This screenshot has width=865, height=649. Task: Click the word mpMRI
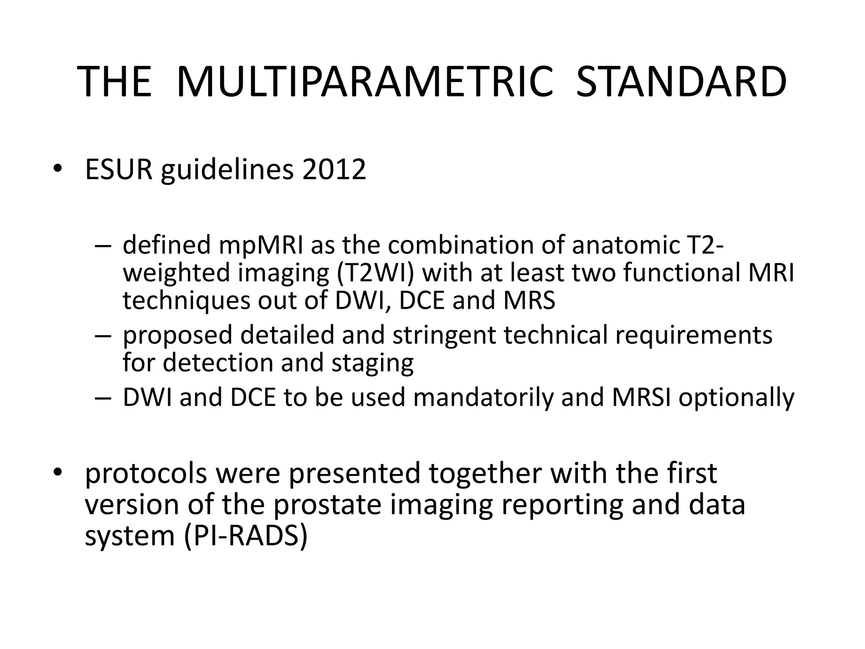pos(261,245)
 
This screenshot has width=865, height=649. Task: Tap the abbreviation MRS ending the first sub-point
pos(529,300)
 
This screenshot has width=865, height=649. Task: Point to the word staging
pos(372,363)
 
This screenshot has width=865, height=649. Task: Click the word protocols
pos(146,474)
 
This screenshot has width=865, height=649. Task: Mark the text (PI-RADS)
pos(246,536)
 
